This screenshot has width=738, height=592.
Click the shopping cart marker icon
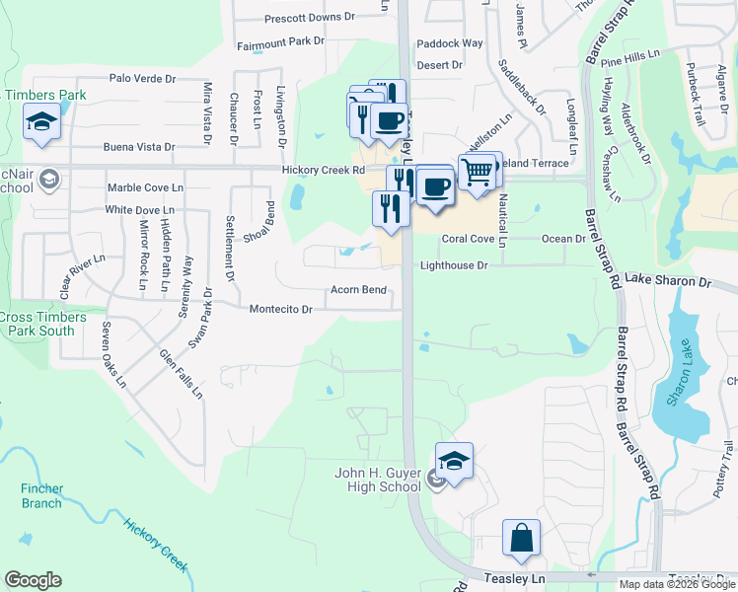[477, 171]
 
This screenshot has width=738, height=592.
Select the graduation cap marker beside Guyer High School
[454, 462]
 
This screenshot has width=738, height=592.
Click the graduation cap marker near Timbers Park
[41, 121]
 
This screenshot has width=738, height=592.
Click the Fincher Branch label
[41, 495]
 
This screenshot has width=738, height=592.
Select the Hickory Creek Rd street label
[324, 170]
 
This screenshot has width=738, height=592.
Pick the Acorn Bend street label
[358, 290]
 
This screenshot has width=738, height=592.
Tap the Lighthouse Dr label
[454, 265]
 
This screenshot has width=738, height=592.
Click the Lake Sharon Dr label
[668, 281]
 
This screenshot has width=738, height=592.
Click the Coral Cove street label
[468, 239]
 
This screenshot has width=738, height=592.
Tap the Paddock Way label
[450, 43]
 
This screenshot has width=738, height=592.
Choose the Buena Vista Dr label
[139, 147]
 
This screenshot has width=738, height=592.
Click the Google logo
[33, 580]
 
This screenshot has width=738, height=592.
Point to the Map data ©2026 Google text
[676, 584]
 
